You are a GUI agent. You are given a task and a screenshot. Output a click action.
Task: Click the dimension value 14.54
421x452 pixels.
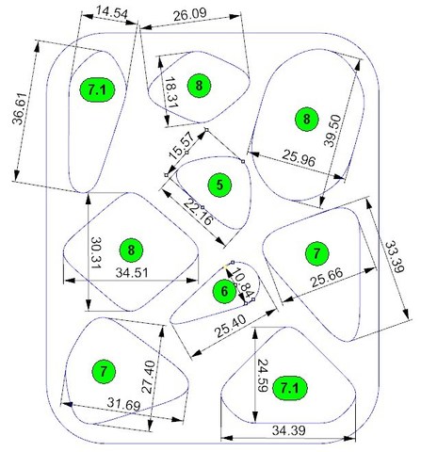pyautogui.click(x=112, y=13)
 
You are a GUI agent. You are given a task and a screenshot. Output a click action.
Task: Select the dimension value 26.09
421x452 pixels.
pyautogui.click(x=190, y=14)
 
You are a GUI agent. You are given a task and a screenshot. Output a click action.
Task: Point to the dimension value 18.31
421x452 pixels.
pyautogui.click(x=171, y=92)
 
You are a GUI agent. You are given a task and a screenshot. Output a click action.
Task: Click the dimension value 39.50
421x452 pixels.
pyautogui.click(x=332, y=131)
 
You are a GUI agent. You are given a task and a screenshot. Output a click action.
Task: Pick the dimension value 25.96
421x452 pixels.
pyautogui.click(x=299, y=158)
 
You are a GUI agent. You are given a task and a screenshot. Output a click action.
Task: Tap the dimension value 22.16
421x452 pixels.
pyautogui.click(x=198, y=212)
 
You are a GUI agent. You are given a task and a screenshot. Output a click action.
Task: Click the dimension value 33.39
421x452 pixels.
pyautogui.click(x=395, y=257)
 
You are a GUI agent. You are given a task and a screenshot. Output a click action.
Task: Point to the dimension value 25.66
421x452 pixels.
pyautogui.click(x=327, y=278)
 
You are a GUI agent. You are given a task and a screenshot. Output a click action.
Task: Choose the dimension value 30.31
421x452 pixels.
pyautogui.click(x=97, y=252)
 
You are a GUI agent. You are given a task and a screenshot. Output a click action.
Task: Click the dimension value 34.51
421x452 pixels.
pyautogui.click(x=132, y=272)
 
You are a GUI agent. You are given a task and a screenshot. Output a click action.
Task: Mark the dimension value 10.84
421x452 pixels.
pyautogui.click(x=244, y=282)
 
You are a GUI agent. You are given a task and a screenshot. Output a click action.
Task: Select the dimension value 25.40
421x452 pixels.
pyautogui.click(x=231, y=327)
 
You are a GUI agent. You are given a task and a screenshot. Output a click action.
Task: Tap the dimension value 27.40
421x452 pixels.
pyautogui.click(x=148, y=377)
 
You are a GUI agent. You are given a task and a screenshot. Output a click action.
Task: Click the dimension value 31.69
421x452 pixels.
pyautogui.click(x=123, y=404)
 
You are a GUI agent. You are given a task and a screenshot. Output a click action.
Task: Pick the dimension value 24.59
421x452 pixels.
pyautogui.click(x=263, y=376)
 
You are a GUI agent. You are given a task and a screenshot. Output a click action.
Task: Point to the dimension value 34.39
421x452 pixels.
pyautogui.click(x=288, y=430)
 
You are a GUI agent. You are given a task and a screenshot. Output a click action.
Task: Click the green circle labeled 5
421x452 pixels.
pyautogui.click(x=219, y=186)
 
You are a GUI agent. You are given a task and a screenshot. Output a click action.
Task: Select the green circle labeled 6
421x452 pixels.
pyautogui.click(x=224, y=292)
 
